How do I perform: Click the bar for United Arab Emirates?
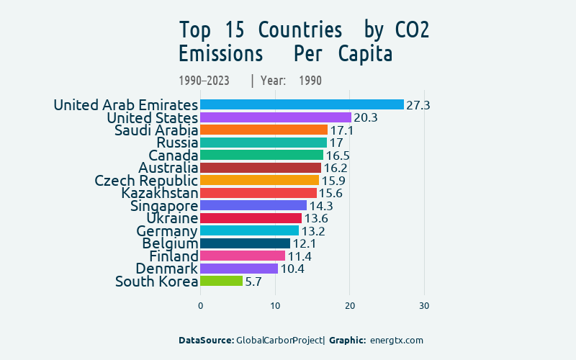(x=302, y=105)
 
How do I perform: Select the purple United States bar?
(x=276, y=117)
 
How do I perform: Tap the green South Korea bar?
(x=222, y=282)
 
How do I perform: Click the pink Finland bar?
(x=243, y=256)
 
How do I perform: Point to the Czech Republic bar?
(x=259, y=180)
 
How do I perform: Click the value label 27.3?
(x=418, y=105)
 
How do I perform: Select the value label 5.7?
(x=253, y=282)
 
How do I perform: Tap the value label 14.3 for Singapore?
(x=321, y=206)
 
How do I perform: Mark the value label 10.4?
(x=292, y=269)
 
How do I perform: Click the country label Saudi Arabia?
(x=156, y=130)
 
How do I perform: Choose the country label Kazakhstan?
(x=159, y=193)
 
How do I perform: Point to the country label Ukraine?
(x=172, y=218)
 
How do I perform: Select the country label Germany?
(x=167, y=231)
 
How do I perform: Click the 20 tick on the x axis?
(x=350, y=306)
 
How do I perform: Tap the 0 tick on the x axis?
(x=200, y=306)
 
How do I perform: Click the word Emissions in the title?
(x=220, y=54)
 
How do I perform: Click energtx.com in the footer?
(x=396, y=340)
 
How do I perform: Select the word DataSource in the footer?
(x=206, y=340)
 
